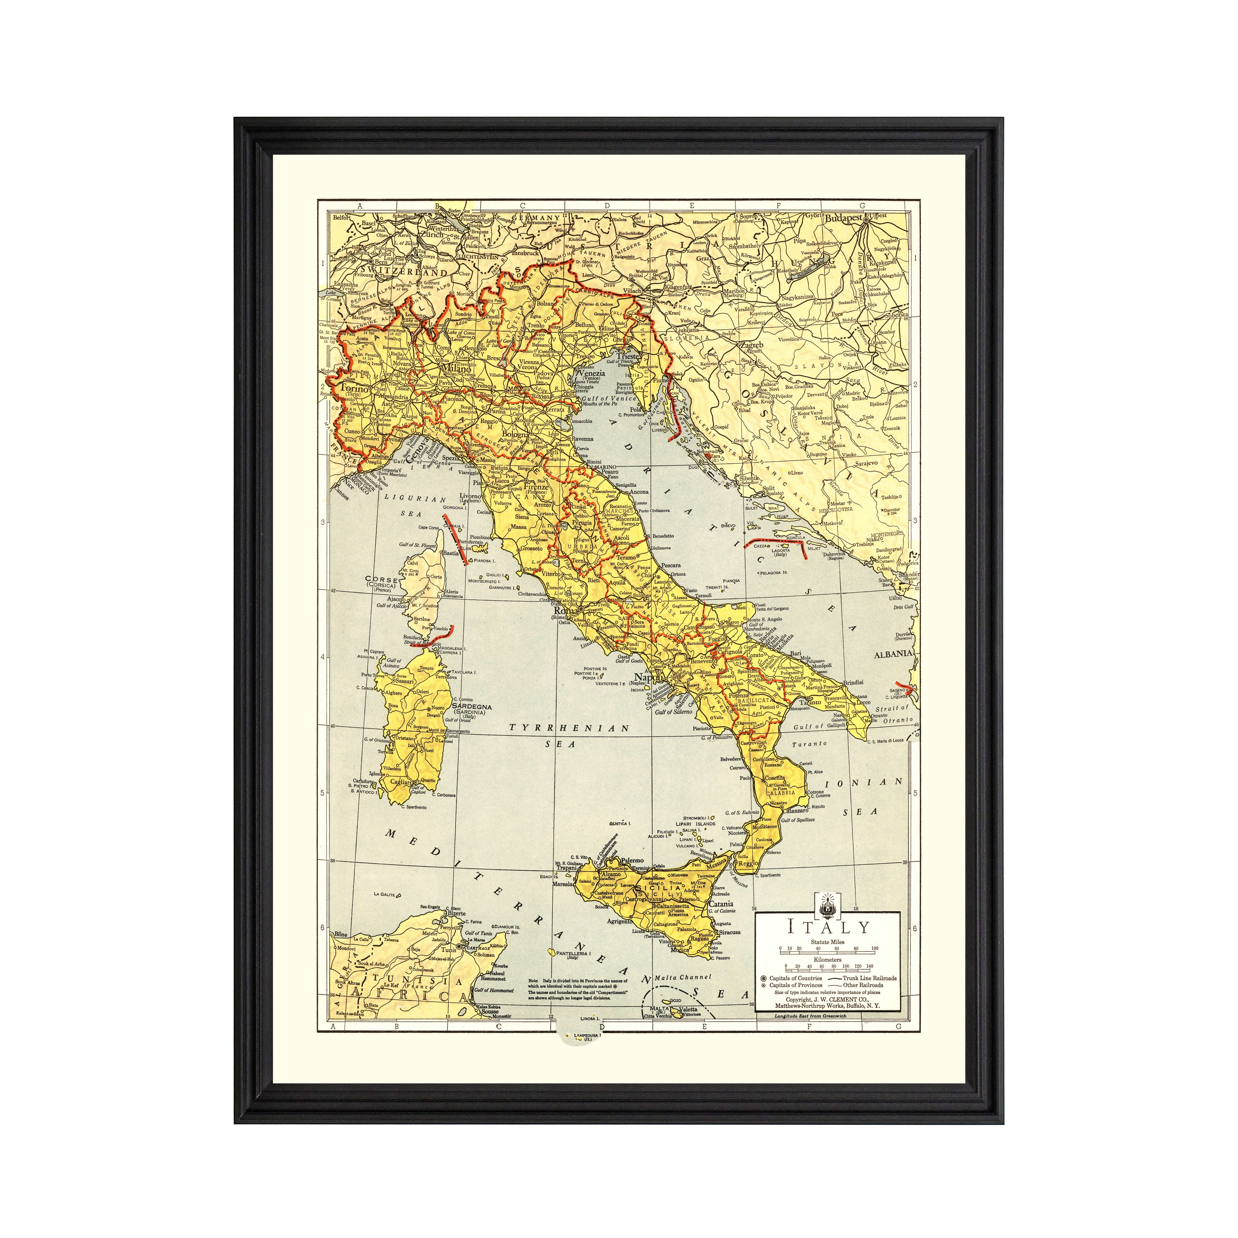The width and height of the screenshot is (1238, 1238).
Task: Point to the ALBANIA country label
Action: coord(892,654)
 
